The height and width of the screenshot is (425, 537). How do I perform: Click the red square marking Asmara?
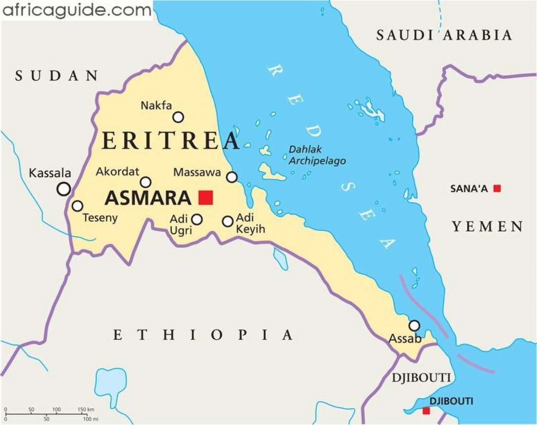[205, 197]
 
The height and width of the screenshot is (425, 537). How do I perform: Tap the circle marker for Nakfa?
[178, 117]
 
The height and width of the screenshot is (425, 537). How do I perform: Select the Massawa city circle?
[232, 177]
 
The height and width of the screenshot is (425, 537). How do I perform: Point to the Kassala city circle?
[64, 189]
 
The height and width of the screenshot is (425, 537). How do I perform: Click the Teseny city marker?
[77, 206]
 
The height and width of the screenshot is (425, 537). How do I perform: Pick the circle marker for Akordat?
[146, 182]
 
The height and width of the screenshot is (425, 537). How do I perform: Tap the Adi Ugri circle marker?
[197, 219]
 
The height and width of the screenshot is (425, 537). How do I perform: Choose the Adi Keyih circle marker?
[228, 221]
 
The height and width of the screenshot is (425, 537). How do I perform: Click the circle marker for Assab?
[414, 326]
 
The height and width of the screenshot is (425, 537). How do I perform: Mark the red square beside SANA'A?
[497, 188]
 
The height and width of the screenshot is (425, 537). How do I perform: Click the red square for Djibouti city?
[426, 411]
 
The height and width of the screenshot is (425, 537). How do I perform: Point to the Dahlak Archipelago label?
[317, 155]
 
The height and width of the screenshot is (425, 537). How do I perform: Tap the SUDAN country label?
[57, 76]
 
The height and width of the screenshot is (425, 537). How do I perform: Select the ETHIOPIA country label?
[203, 335]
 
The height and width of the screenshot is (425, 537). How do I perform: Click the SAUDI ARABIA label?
[444, 35]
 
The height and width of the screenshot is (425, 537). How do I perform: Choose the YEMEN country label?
[487, 227]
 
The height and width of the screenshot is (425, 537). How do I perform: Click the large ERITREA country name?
[170, 140]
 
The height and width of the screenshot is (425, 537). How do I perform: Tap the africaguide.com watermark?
[76, 10]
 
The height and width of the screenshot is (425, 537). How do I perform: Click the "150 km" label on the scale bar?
[86, 409]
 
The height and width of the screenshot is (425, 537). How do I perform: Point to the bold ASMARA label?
[148, 198]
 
